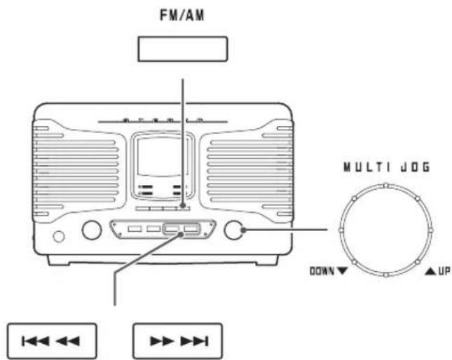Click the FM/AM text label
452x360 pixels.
pos(182,15)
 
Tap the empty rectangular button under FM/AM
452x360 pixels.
pos(183,49)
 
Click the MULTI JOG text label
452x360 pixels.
pos(387,167)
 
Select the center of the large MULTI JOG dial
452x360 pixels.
pos(386,230)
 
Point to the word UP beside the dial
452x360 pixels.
pos(444,271)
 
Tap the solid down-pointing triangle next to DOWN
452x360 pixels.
pos(342,271)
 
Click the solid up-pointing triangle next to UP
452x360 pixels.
pos(430,271)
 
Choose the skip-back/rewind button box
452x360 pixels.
pos(52,341)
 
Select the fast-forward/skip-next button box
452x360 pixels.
pos(177,341)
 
